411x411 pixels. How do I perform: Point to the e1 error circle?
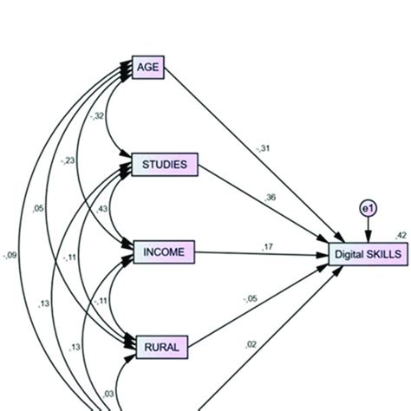(368, 208)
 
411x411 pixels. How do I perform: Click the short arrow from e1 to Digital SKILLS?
(368, 232)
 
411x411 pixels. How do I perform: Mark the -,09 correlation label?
(11, 254)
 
